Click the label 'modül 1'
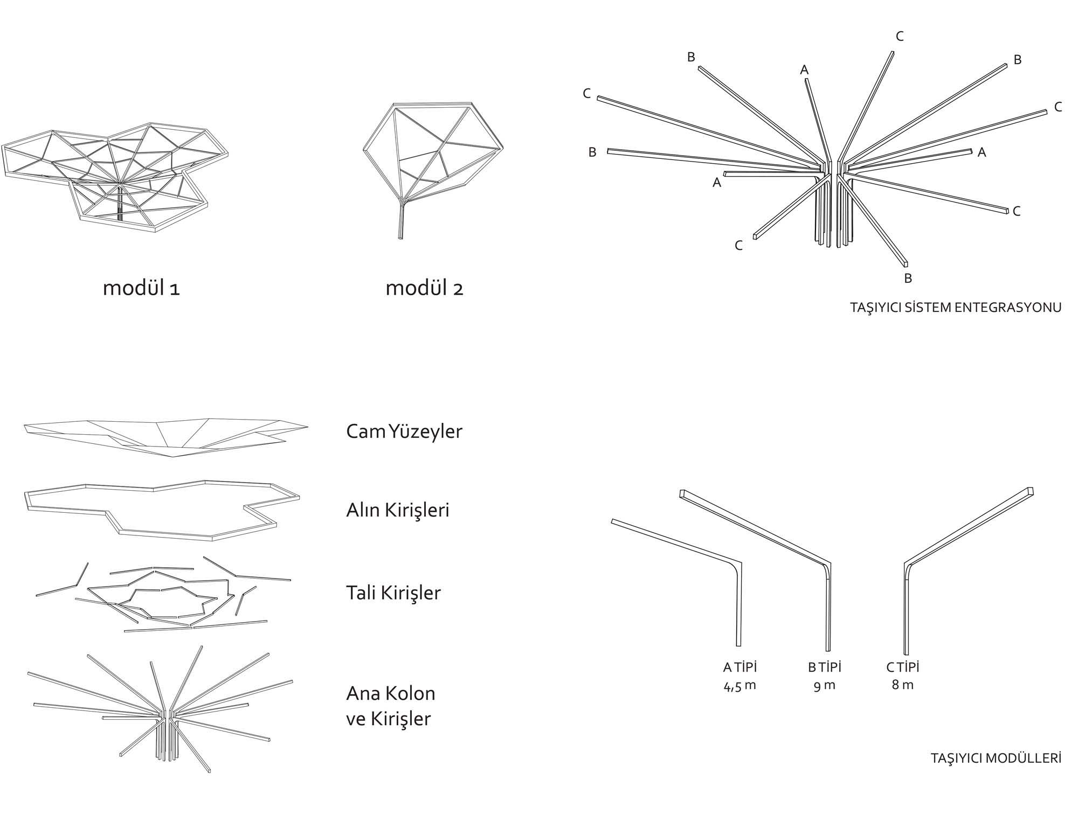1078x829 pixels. (x=141, y=288)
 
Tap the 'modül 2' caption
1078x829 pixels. (x=424, y=288)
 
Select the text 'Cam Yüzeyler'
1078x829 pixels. (x=404, y=431)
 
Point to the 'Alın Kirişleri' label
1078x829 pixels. (x=397, y=510)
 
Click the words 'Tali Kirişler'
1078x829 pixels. (x=393, y=593)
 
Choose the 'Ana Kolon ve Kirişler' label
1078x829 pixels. (x=390, y=706)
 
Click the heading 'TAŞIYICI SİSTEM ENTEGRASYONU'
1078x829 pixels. (x=956, y=308)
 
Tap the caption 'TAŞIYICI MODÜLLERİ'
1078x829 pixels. (x=996, y=758)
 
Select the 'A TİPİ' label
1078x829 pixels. (x=740, y=667)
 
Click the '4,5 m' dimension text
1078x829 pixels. (x=740, y=686)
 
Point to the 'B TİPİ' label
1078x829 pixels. (x=824, y=667)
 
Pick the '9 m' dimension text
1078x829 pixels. (x=824, y=686)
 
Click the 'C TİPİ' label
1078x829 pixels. (x=903, y=667)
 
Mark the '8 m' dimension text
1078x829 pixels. (x=903, y=686)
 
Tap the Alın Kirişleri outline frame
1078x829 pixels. (x=162, y=488)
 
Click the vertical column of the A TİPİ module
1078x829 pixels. (x=738, y=609)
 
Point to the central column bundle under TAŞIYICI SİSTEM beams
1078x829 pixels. (x=833, y=215)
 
